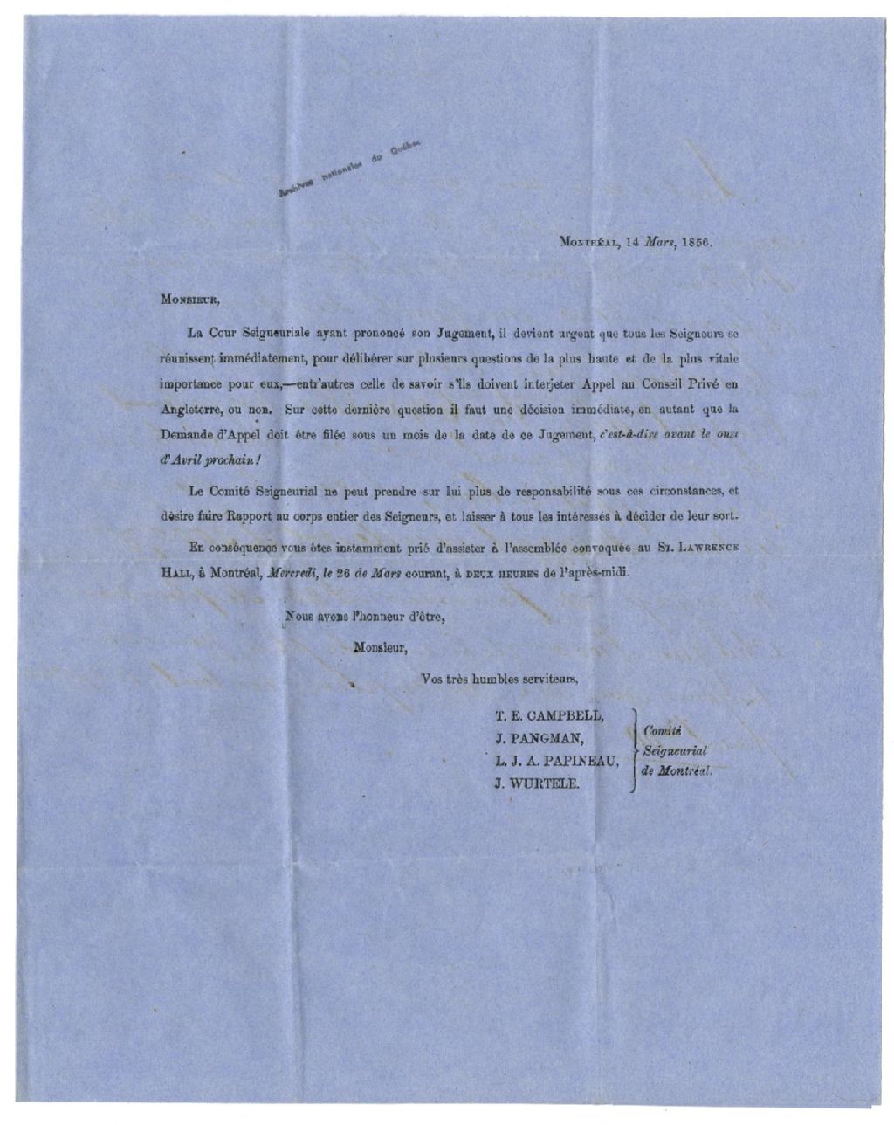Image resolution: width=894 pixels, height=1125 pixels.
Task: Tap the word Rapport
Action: [x=274, y=515]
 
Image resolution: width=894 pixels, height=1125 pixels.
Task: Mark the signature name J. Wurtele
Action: [x=535, y=782]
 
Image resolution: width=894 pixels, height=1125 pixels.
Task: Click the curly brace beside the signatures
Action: [x=631, y=749]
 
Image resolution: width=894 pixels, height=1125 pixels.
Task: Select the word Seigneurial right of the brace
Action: [x=674, y=751]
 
